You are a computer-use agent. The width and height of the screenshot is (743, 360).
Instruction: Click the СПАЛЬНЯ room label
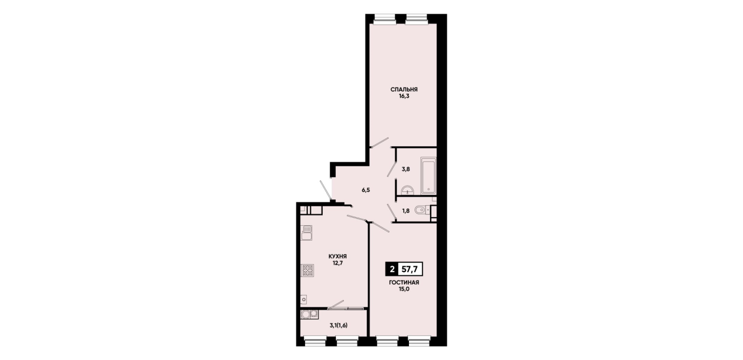(404, 90)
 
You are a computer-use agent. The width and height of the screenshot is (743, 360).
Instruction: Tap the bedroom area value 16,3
(404, 96)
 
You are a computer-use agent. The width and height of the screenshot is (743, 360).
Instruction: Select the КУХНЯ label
(338, 257)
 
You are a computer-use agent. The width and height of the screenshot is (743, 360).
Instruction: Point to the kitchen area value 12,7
(338, 263)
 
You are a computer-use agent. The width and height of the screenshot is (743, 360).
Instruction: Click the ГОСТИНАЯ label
(404, 283)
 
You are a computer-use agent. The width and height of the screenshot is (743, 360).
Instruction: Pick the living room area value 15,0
(404, 289)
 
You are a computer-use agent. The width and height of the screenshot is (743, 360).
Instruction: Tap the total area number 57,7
(409, 269)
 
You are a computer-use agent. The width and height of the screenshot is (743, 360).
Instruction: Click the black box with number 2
(392, 269)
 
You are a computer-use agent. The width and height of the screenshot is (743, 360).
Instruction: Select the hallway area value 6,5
(366, 190)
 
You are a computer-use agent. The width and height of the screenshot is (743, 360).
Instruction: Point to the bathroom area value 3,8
(405, 169)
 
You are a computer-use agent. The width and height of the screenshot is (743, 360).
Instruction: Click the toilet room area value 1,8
(405, 211)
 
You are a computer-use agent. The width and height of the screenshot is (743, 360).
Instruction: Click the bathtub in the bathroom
(428, 175)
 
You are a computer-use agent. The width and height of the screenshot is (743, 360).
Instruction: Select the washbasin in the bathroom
(407, 190)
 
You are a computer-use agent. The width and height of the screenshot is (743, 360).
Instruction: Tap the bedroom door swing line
(379, 142)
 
